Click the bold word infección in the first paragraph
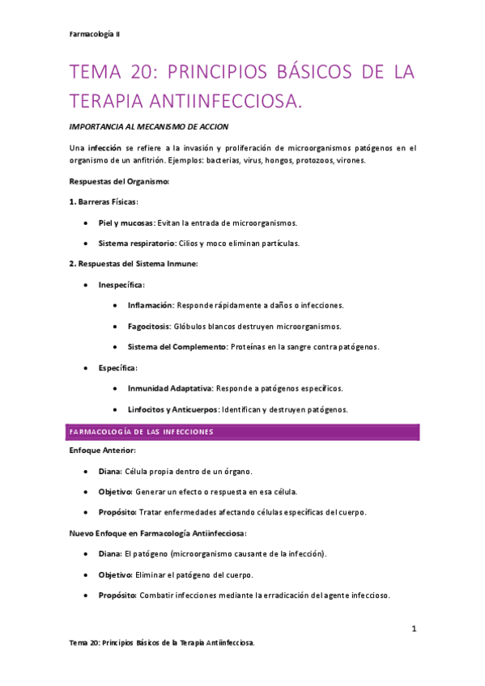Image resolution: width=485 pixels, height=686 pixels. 105,148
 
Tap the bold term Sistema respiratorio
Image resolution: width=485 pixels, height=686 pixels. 136,243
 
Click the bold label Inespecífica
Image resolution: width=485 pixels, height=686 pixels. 121,285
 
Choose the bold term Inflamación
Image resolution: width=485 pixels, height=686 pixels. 151,306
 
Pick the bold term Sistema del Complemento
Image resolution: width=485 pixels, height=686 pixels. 176,347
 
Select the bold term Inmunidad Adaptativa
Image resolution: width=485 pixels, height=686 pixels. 170,389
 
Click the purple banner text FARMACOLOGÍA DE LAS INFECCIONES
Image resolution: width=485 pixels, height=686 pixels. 142,432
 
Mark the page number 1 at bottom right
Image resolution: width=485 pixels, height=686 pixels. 413,629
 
